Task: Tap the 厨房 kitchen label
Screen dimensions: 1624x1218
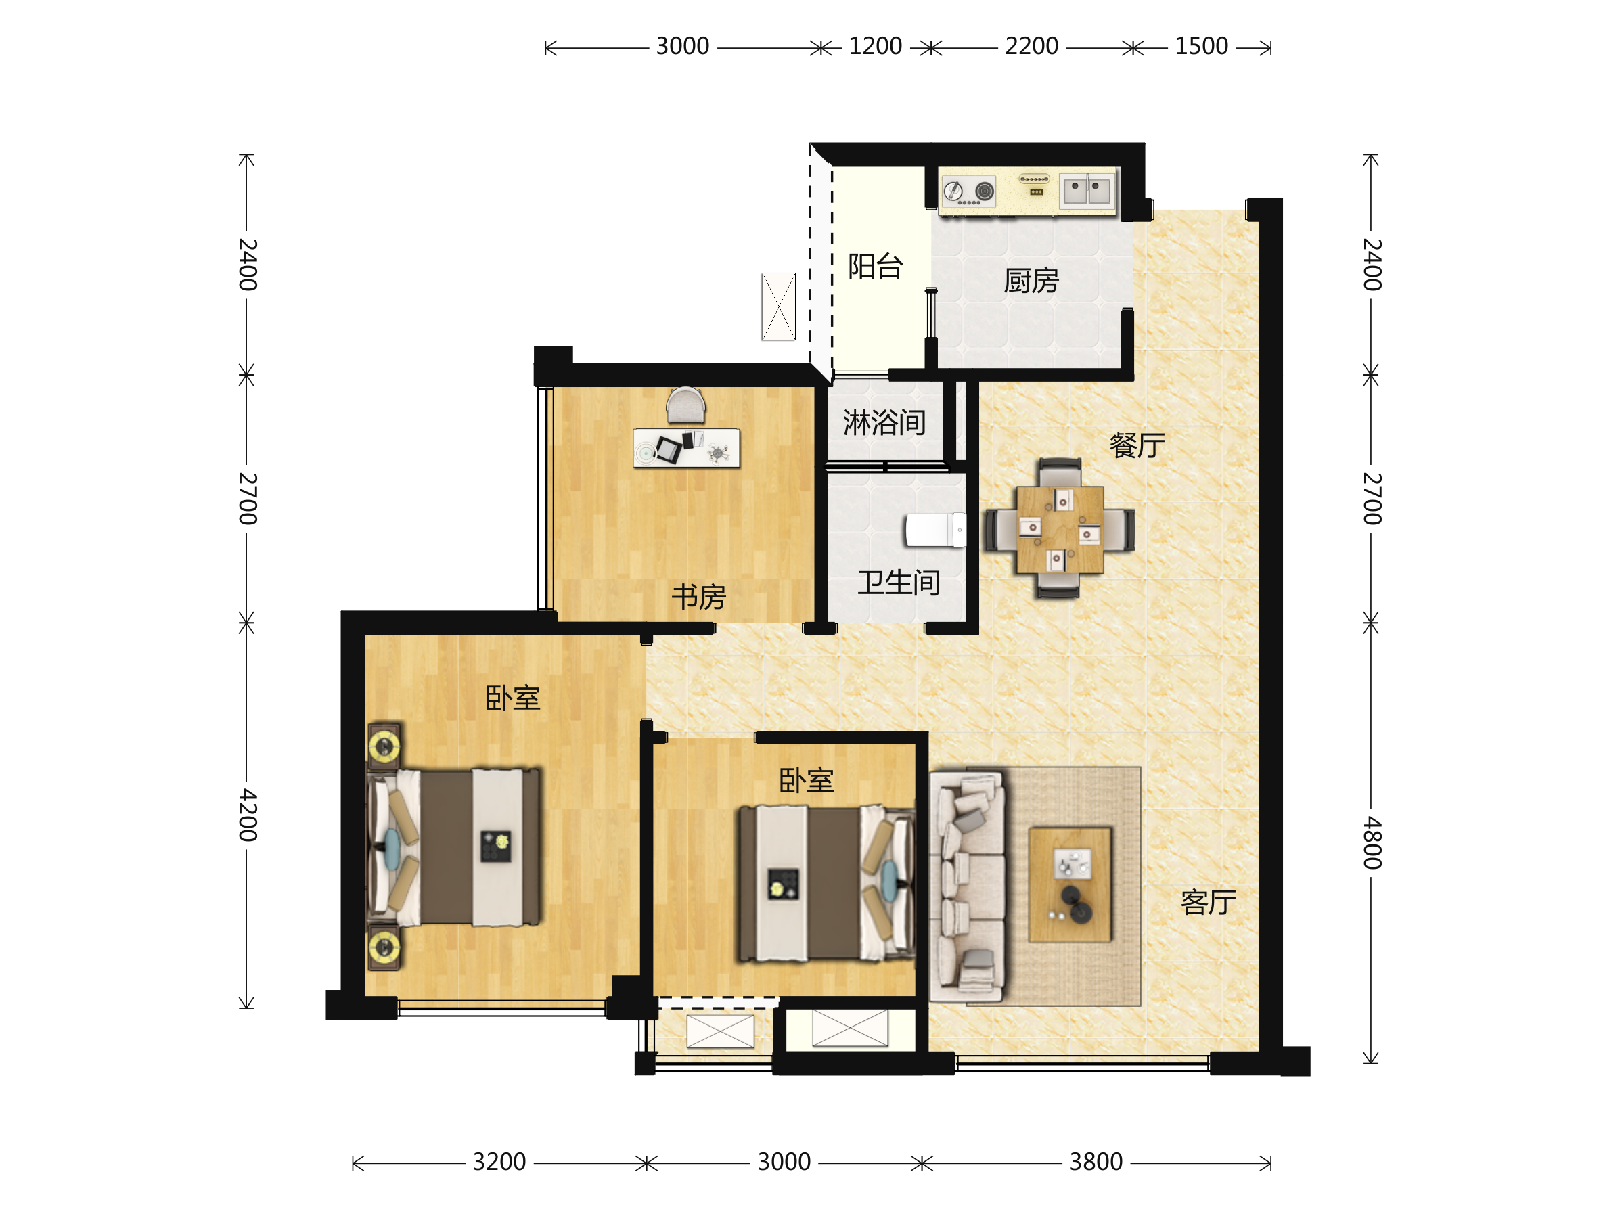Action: pos(1031,280)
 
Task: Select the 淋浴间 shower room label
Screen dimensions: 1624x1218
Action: pos(884,422)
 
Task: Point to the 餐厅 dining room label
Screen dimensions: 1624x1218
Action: pos(1137,445)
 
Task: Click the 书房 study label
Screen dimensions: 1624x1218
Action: pos(698,596)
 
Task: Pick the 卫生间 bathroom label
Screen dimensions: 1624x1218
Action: pos(899,582)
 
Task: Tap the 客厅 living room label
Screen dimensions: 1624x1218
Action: pos(1208,901)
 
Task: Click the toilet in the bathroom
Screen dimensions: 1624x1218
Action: pos(934,529)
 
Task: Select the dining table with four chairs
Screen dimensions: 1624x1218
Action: pos(1060,528)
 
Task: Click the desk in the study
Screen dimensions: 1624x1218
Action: pos(685,448)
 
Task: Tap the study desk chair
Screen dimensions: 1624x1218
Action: pos(685,405)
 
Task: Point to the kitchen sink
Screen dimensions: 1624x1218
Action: pos(1087,190)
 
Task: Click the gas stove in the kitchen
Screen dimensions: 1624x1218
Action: pos(968,191)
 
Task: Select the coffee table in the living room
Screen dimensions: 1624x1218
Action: pos(1070,884)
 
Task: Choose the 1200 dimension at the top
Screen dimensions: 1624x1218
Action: pos(875,46)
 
